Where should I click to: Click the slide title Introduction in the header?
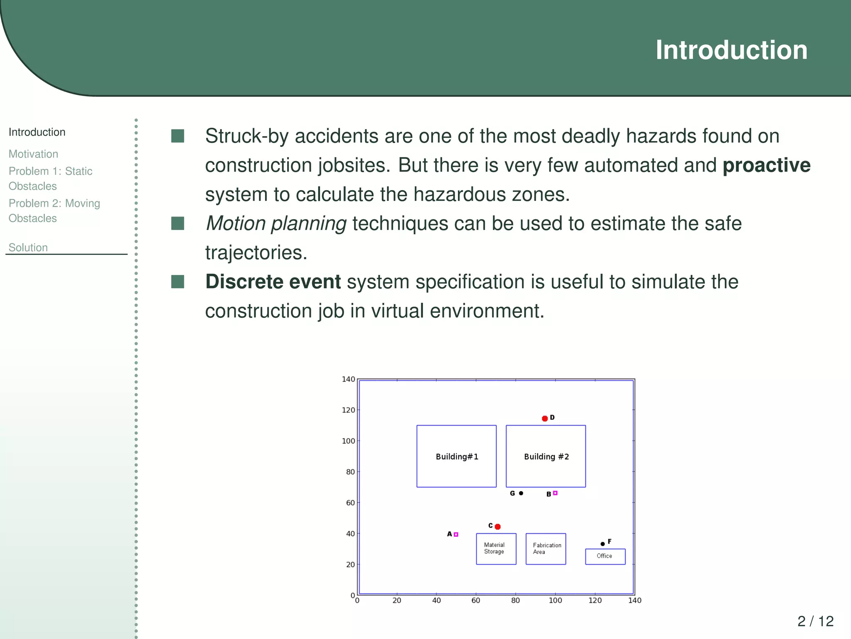tap(731, 50)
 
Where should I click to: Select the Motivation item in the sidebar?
tap(33, 154)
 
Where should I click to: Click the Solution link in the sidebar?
tap(28, 248)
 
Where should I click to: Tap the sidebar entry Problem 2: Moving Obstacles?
tap(54, 211)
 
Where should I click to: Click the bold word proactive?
tap(767, 165)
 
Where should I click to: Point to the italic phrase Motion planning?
tap(276, 223)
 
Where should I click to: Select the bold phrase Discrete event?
tap(273, 282)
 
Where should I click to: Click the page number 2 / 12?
tap(815, 621)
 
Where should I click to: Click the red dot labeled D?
tap(545, 419)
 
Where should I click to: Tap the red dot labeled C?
tap(498, 527)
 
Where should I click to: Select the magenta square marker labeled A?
tap(456, 535)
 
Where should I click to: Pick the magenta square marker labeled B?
tap(555, 493)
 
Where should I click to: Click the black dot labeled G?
tap(521, 493)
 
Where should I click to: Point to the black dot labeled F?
tap(603, 544)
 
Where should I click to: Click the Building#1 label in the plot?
tap(457, 457)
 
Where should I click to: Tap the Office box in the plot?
tap(605, 556)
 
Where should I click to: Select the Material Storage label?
tap(494, 548)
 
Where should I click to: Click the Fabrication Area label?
tap(546, 549)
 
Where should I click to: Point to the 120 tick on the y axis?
tap(348, 410)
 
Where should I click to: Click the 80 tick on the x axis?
tap(516, 601)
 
